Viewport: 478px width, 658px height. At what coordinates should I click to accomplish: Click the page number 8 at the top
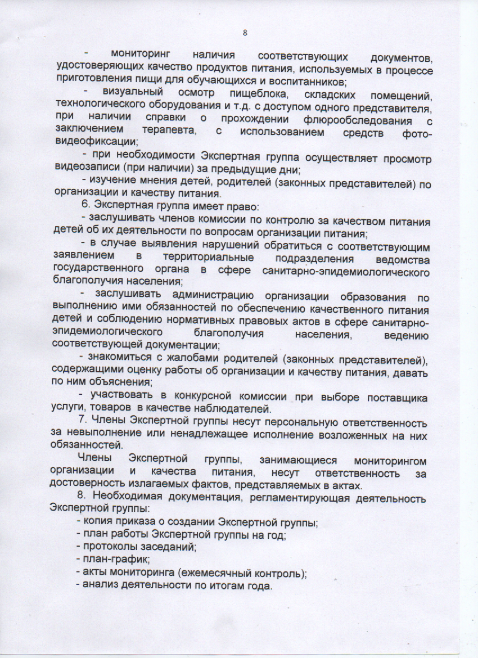pos(245,33)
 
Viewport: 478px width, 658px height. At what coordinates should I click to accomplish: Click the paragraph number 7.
pos(80,423)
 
